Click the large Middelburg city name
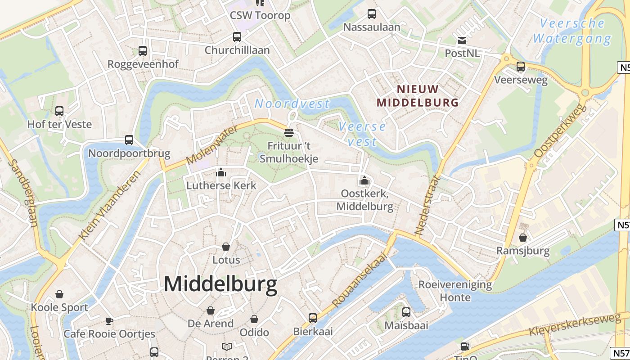pyautogui.click(x=220, y=284)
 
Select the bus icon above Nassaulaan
pyautogui.click(x=372, y=14)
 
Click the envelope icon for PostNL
pyautogui.click(x=462, y=41)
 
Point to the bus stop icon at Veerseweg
pyautogui.click(x=521, y=67)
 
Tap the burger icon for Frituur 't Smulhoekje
pyautogui.click(x=289, y=133)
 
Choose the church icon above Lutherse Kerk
pyautogui.click(x=221, y=172)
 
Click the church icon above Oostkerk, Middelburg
pyautogui.click(x=364, y=181)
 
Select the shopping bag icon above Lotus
pyautogui.click(x=226, y=247)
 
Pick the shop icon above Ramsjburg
pyautogui.click(x=523, y=237)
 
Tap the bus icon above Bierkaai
pyautogui.click(x=313, y=318)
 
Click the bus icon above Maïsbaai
pyautogui.click(x=406, y=312)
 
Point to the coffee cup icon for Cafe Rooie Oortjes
pyautogui.click(x=109, y=321)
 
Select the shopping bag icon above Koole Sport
pyautogui.click(x=59, y=294)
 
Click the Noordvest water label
pyautogui.click(x=292, y=104)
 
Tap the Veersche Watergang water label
pyautogui.click(x=572, y=31)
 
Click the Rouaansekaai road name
pyautogui.click(x=360, y=279)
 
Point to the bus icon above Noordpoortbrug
pyautogui.click(x=129, y=140)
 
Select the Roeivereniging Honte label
pyautogui.click(x=455, y=291)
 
